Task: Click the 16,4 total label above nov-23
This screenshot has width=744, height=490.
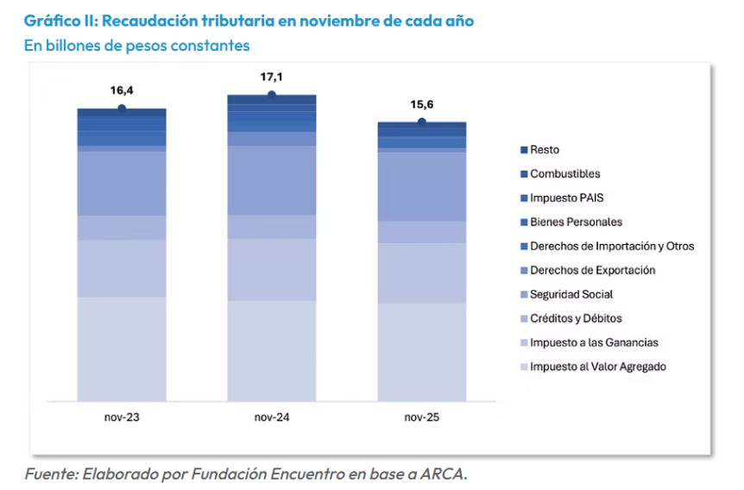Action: [122, 91]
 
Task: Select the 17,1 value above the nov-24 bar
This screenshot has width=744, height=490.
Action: [271, 78]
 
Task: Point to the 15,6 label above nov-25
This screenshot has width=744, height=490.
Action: [421, 104]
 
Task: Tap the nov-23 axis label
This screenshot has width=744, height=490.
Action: [122, 418]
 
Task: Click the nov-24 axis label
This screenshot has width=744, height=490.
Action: [271, 418]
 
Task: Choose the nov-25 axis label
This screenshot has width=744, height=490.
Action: [421, 418]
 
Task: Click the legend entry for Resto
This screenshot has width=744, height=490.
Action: [545, 150]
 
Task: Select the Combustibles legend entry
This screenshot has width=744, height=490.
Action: [564, 174]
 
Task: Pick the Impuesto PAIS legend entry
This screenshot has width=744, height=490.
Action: [567, 198]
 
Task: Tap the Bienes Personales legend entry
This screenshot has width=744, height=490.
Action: [576, 222]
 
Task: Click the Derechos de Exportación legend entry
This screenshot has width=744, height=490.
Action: [593, 270]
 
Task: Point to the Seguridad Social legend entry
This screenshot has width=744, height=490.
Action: [571, 294]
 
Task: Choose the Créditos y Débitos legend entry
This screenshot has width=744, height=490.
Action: [576, 318]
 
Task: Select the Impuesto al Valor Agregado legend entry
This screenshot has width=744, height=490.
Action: [598, 367]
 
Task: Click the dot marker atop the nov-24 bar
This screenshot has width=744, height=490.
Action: [271, 94]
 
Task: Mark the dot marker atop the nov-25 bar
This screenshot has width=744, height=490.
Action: [421, 122]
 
